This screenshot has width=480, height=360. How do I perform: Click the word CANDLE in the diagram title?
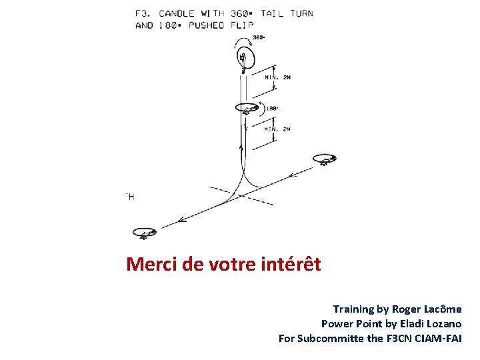(177, 13)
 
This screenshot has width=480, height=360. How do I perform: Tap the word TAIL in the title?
(275, 13)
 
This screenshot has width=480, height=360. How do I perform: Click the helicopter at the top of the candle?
(243, 59)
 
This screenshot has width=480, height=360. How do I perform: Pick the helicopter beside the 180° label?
(248, 108)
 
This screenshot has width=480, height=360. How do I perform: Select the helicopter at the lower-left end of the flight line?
(144, 233)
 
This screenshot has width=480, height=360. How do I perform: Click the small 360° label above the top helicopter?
(259, 37)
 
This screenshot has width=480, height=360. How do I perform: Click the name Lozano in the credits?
(441, 324)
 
